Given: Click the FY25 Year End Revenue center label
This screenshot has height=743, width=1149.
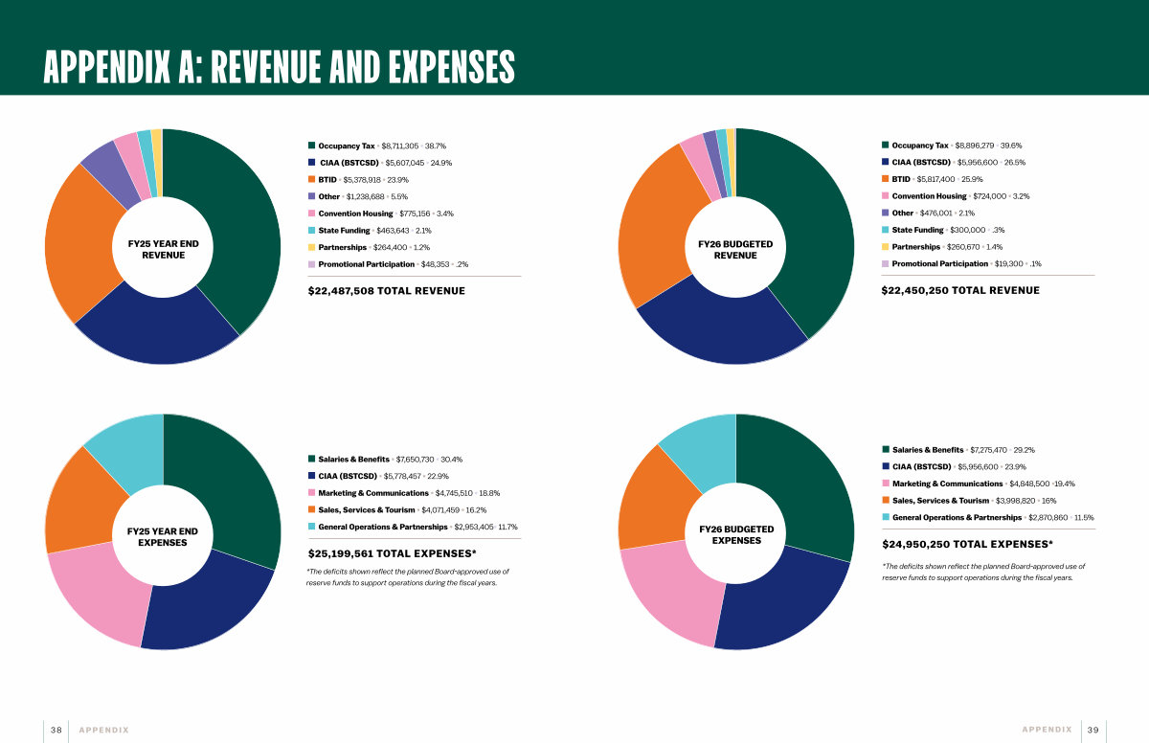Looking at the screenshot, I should [164, 250].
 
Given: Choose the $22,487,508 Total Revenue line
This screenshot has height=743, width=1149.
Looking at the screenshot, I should [387, 291].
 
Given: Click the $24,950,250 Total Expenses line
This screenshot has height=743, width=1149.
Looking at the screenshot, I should [967, 544].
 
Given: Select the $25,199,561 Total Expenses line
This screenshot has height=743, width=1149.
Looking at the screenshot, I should [393, 553].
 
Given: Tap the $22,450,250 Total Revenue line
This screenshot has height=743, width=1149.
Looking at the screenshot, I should [960, 290].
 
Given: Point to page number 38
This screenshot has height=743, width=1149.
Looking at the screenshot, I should [56, 730].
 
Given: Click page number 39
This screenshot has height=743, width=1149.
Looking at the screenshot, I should [1093, 730].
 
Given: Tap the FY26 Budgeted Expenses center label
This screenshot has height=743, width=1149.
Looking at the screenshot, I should [736, 534].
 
